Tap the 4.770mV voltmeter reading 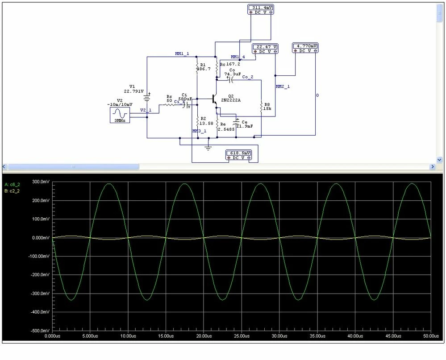(x=305, y=46)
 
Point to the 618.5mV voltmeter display (x=239, y=153)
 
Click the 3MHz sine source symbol (x=120, y=114)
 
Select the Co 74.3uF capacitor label (x=233, y=72)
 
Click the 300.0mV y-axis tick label (x=41, y=182)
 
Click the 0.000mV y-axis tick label (x=41, y=238)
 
